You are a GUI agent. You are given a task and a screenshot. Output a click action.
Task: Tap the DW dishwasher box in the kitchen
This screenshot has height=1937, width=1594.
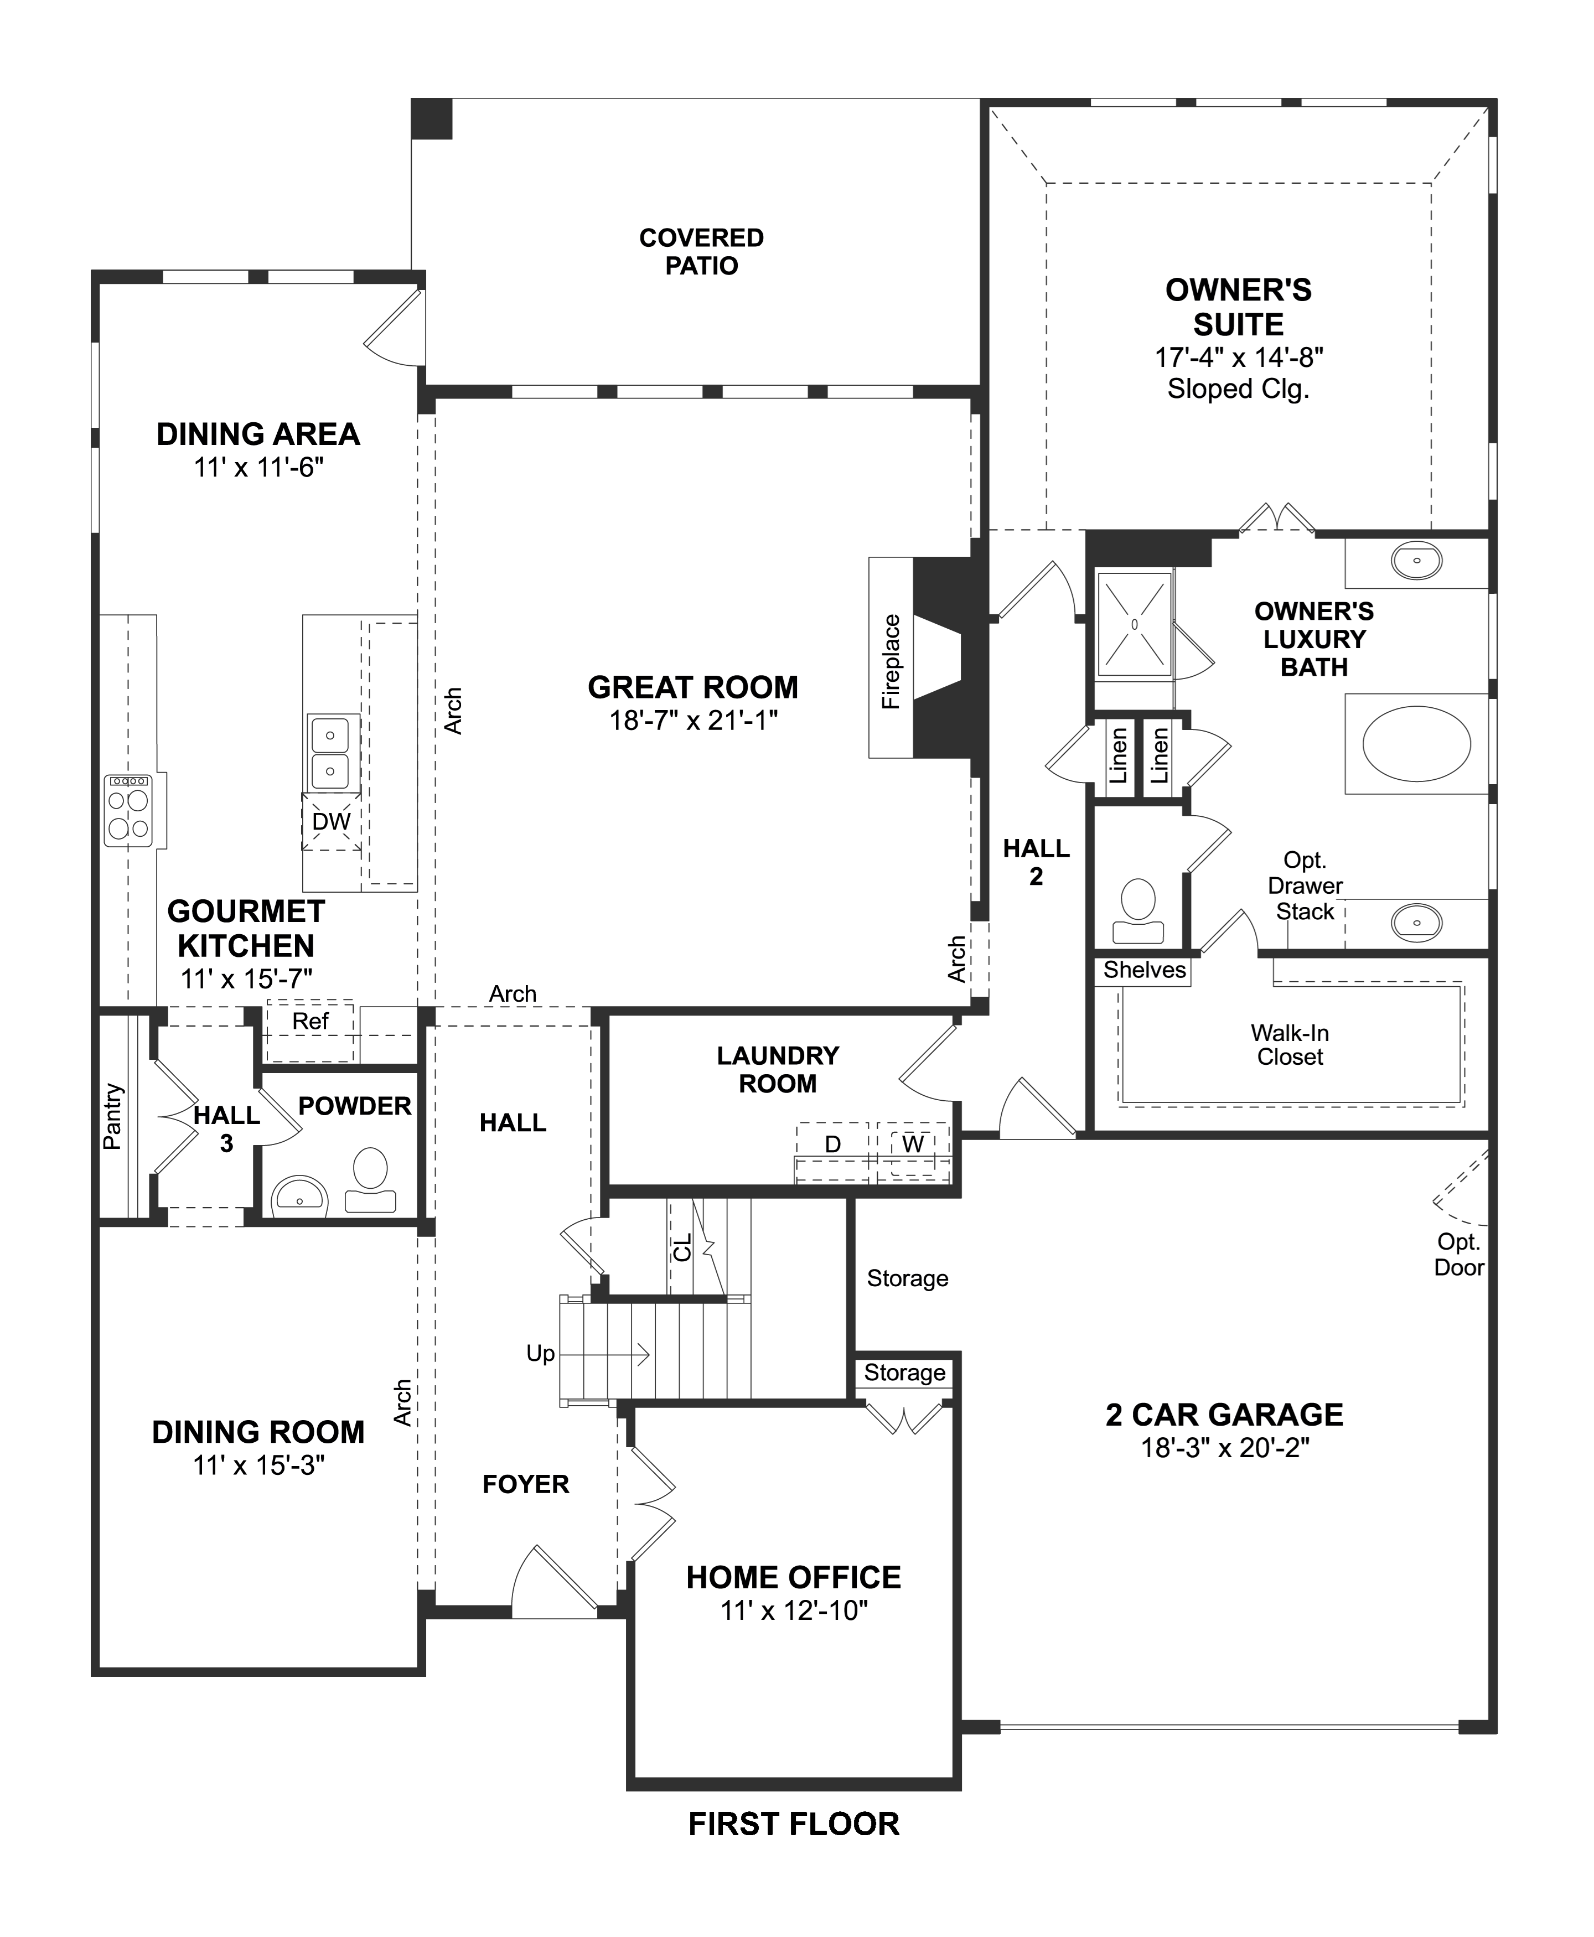332,822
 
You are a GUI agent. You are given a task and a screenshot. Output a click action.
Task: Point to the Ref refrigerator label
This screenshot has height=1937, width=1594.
310,1022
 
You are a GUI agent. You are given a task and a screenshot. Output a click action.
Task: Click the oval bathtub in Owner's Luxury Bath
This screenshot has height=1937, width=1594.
1416,744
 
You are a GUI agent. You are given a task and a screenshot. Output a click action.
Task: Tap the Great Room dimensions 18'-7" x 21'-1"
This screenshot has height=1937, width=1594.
694,721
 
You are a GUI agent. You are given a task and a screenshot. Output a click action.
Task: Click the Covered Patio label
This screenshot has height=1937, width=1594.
701,252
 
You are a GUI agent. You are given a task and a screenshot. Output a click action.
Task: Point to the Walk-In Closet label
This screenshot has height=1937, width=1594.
1290,1045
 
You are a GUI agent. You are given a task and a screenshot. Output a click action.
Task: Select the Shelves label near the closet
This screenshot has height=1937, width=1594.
1144,970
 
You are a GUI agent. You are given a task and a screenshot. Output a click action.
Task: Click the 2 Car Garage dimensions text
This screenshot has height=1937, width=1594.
1224,1448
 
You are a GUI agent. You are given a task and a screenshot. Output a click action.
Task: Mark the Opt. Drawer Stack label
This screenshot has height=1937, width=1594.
1305,886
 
